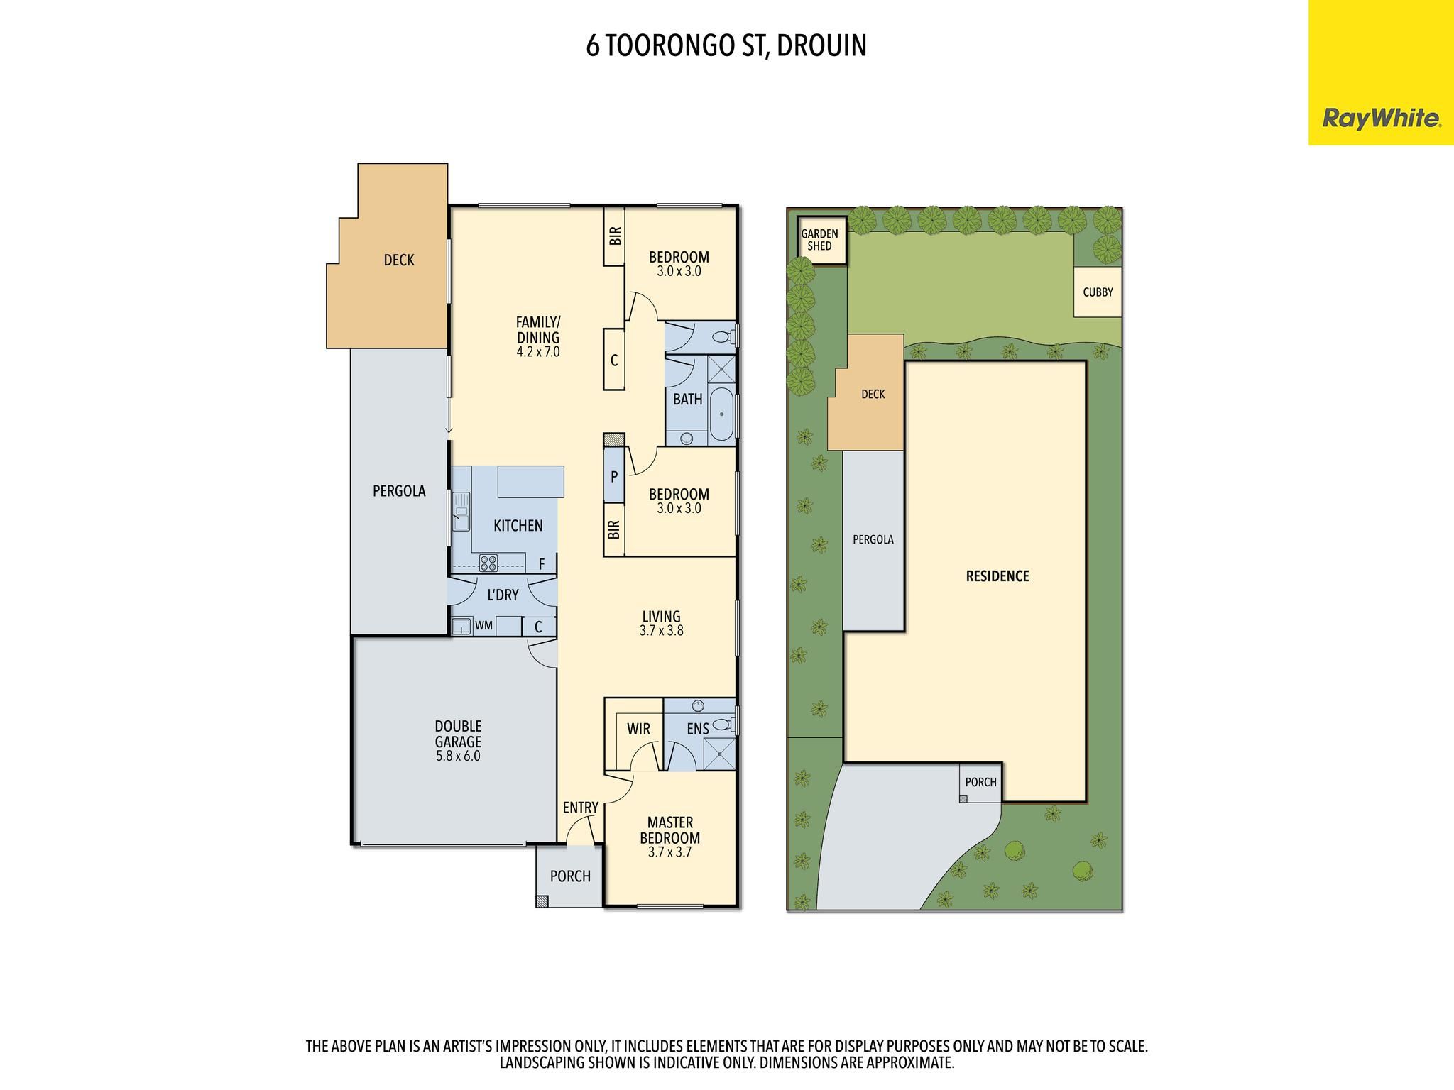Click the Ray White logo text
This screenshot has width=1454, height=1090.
(1382, 119)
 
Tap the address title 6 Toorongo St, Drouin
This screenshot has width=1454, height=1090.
(726, 45)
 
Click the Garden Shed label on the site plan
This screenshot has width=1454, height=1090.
(819, 240)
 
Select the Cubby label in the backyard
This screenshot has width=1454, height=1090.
(1098, 292)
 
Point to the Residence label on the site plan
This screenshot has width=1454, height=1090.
(997, 576)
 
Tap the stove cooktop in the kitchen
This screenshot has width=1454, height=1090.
(488, 563)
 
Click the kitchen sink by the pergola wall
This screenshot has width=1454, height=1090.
(461, 512)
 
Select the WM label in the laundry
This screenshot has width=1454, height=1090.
(483, 626)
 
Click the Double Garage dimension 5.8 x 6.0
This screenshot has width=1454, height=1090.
(458, 756)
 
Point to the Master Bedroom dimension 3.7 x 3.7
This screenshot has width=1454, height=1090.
(669, 852)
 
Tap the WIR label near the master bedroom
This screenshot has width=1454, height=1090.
(638, 729)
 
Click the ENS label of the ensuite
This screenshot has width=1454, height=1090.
(698, 729)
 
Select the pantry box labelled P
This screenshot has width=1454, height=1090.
(614, 476)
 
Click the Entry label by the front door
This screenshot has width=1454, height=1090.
(581, 808)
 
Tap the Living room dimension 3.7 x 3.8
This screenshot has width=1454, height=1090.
(661, 630)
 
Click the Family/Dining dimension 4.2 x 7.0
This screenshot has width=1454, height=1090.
(538, 351)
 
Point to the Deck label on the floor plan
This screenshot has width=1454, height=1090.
(399, 260)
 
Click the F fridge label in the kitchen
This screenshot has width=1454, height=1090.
(542, 565)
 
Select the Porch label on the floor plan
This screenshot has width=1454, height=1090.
(570, 876)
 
